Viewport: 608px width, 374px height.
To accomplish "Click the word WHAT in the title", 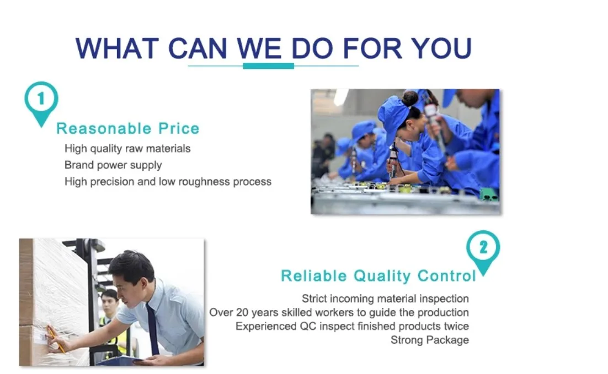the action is (117, 48).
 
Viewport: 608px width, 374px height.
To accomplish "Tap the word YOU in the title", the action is (441, 48).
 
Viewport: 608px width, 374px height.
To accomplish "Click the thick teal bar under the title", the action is (268, 66).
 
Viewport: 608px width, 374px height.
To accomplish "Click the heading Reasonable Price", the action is (128, 128).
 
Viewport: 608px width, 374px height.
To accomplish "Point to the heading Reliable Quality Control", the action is (378, 275).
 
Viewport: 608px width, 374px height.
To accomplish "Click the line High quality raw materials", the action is (127, 149).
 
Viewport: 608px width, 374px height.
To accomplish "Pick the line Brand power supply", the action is (113, 165).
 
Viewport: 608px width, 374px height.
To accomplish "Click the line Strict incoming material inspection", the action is (385, 299).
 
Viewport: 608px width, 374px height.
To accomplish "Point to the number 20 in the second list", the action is (242, 312).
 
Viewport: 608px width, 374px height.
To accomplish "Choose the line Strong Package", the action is (430, 340).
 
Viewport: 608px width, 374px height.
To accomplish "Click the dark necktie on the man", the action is (152, 328).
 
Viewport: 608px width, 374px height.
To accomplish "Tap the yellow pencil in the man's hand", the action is (56, 339).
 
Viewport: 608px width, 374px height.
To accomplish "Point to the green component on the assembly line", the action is (489, 194).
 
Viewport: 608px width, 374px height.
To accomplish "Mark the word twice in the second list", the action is (456, 327).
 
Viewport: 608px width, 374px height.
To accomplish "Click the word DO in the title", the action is (312, 48).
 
